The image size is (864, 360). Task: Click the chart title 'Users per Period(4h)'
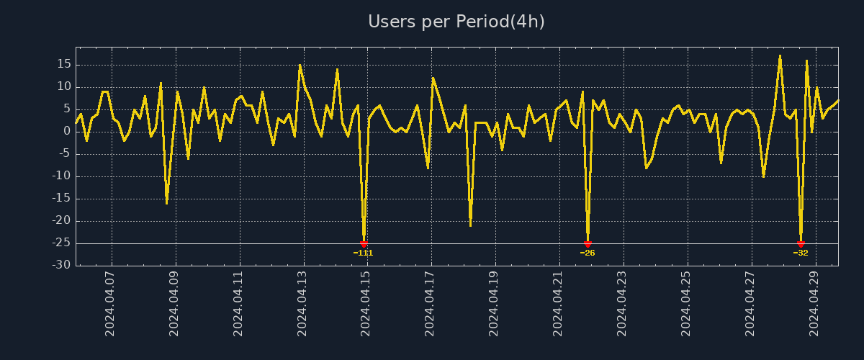pyautogui.click(x=456, y=22)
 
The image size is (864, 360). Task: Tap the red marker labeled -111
pyautogui.click(x=364, y=244)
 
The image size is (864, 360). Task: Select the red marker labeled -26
pyautogui.click(x=588, y=244)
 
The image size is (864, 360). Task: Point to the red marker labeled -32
pyautogui.click(x=801, y=244)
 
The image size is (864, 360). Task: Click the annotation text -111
pyautogui.click(x=364, y=253)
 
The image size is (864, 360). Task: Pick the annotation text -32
pyautogui.click(x=801, y=253)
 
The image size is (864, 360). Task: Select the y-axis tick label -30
pyautogui.click(x=62, y=266)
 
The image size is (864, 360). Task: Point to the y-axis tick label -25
pyautogui.click(x=62, y=243)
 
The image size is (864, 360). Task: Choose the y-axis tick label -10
pyautogui.click(x=62, y=176)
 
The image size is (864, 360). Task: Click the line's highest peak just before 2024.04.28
pyautogui.click(x=780, y=55)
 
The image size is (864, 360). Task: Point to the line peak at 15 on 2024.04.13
pyautogui.click(x=300, y=65)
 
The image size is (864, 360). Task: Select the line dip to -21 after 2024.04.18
pyautogui.click(x=470, y=225)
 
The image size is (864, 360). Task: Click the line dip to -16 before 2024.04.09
pyautogui.click(x=166, y=203)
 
